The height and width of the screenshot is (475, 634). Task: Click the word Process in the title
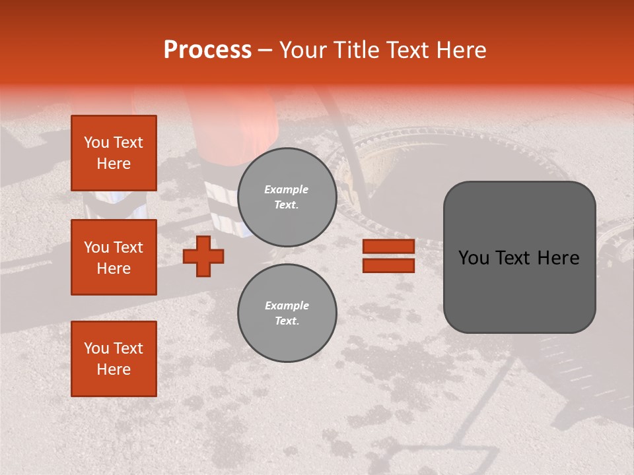click(207, 50)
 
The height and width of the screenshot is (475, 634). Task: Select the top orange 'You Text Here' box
click(114, 153)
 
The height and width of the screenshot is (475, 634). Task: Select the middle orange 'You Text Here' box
click(114, 257)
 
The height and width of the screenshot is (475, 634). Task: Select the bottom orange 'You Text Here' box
click(114, 359)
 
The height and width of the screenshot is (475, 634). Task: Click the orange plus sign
click(203, 256)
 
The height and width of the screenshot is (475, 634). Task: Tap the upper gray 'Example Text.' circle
click(287, 197)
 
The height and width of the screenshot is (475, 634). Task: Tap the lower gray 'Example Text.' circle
click(287, 313)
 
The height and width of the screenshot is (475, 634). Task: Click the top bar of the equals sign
click(388, 247)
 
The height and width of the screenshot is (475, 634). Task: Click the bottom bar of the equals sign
click(388, 265)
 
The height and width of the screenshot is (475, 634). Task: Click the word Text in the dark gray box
click(517, 258)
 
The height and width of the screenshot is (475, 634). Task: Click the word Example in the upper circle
click(287, 190)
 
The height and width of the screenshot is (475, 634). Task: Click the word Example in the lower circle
click(287, 306)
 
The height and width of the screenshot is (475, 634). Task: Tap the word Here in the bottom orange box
click(114, 369)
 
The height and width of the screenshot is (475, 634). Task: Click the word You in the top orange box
click(96, 142)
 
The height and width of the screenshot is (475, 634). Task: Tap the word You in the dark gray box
click(474, 258)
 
